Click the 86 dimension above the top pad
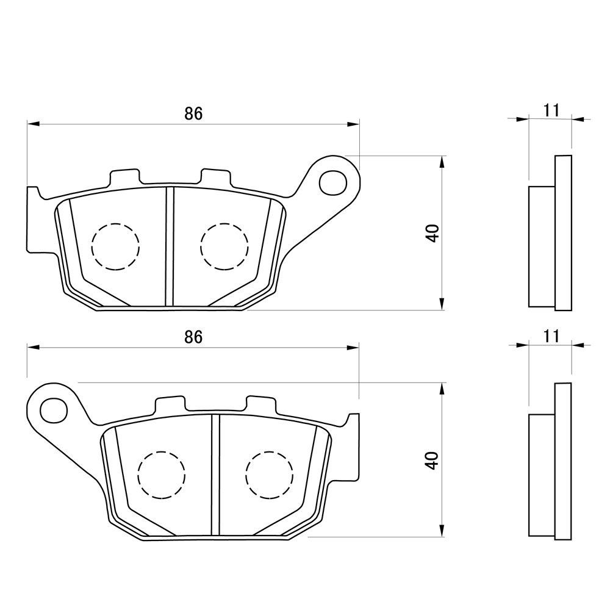(193, 113)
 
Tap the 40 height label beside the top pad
(432, 234)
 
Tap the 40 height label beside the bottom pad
(432, 460)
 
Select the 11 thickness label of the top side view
(551, 110)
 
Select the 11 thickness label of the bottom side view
(551, 335)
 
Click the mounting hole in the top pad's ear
(334, 180)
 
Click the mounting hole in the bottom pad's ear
(53, 407)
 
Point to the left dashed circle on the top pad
(115, 246)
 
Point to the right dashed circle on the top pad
(224, 246)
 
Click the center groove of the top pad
(170, 247)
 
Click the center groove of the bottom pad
(215, 475)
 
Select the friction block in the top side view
(540, 246)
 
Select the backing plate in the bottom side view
(563, 461)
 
